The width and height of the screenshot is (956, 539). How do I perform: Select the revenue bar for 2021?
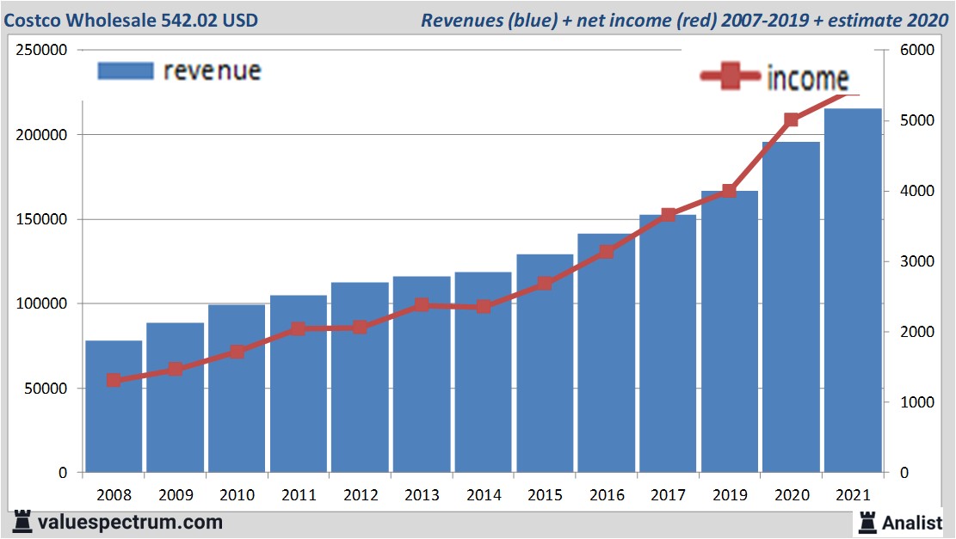(x=853, y=292)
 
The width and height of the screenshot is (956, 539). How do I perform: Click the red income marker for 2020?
(x=792, y=120)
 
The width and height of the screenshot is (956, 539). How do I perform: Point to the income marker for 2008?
(x=114, y=380)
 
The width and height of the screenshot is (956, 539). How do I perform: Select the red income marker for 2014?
(x=484, y=306)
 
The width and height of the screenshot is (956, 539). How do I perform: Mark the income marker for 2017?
(x=669, y=215)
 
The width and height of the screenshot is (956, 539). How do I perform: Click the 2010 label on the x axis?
(x=237, y=495)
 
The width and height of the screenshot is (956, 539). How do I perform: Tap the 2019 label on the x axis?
(x=730, y=495)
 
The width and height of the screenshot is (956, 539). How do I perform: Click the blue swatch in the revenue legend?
(x=125, y=70)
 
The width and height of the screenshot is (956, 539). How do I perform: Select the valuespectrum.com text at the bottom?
(x=129, y=522)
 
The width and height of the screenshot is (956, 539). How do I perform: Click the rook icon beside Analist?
(x=867, y=521)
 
